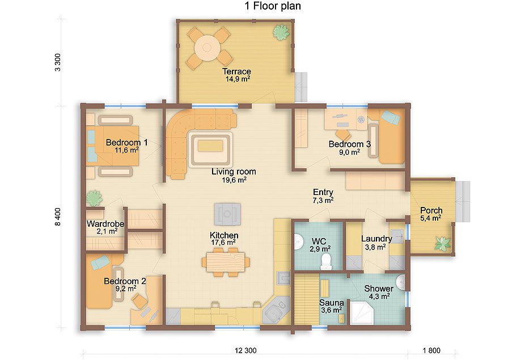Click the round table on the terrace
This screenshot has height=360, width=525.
207,48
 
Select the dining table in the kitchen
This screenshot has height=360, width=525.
226,262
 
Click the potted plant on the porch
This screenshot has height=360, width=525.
443,243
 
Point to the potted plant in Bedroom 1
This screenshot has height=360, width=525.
95,198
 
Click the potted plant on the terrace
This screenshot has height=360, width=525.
281,32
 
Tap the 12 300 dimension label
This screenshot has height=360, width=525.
245,350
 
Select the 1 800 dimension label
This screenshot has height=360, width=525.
431,350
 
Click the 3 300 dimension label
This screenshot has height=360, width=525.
58,62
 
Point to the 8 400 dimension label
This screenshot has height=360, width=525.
58,217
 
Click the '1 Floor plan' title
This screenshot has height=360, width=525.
273,6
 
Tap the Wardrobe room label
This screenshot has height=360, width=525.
105,224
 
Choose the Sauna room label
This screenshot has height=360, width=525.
332,303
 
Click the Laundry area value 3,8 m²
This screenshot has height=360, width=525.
375,247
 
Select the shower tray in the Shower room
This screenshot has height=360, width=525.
362,312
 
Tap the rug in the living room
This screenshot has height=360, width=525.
210,150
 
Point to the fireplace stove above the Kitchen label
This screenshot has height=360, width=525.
228,214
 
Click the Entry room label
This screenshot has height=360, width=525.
323,192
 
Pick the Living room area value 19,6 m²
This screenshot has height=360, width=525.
234,180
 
